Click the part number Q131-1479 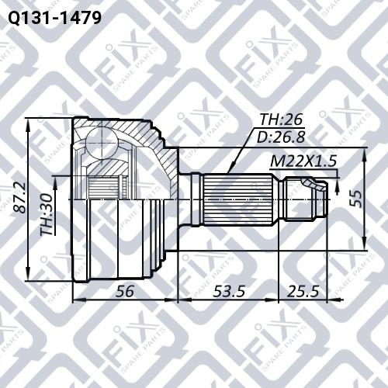coord(54,18)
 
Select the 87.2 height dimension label coord(19,198)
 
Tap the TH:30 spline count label coord(47,215)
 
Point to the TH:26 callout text coord(281,120)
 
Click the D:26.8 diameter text coord(281,137)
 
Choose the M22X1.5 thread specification coord(303,161)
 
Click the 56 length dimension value coord(125,291)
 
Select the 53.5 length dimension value coord(229,291)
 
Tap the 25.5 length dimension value coord(303,291)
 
